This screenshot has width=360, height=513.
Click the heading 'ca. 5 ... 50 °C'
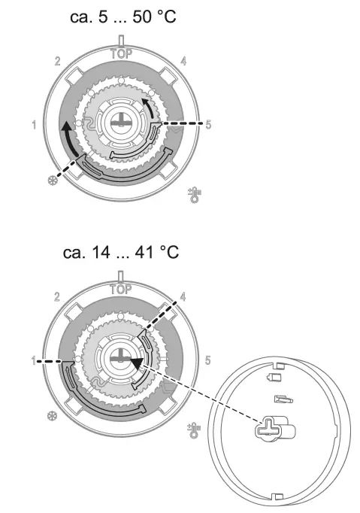point(123,17)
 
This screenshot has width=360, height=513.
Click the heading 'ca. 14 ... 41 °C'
point(121,252)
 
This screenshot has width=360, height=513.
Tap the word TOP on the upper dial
point(121,53)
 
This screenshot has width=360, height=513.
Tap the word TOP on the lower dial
point(121,290)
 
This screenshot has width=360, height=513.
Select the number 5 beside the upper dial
point(208,124)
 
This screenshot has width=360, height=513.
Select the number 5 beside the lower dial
point(207,360)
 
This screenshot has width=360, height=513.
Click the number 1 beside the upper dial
point(34,125)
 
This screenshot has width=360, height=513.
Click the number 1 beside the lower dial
point(34,360)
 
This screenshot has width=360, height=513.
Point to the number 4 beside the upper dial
point(184,61)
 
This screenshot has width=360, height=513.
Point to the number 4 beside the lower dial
point(183,296)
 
